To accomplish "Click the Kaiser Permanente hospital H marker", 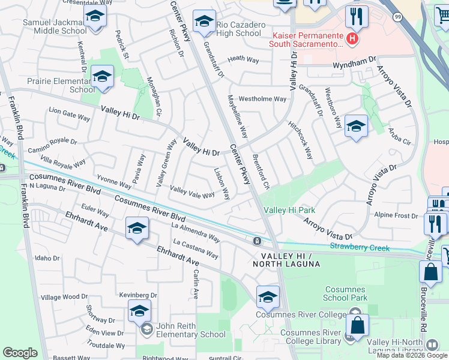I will (352, 40).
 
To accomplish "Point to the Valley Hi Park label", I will (289, 210).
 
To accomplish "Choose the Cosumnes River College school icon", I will (268, 296).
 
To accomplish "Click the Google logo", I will (20, 352).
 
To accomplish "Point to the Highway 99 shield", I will (398, 17).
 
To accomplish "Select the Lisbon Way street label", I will (222, 182).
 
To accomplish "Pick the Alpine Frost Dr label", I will (395, 215).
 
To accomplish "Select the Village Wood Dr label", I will (64, 296).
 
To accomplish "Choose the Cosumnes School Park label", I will (346, 293).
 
